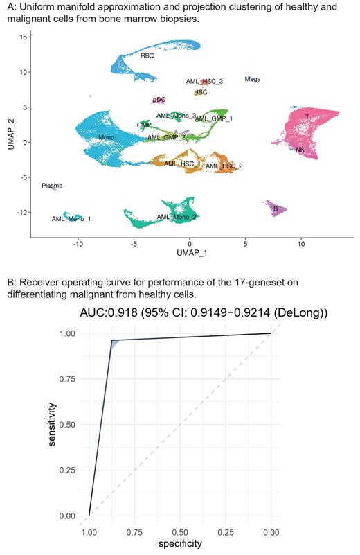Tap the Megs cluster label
coord(253,80)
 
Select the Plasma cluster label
coord(52,186)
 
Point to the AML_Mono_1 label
coord(71,219)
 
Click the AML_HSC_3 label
coord(204,82)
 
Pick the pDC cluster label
coord(159,100)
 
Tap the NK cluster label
coord(300,150)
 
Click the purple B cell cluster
coord(277,209)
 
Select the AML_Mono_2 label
coord(177,217)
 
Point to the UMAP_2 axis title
coord(8,132)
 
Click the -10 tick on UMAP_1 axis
coord(78,244)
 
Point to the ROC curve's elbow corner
coord(112,341)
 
